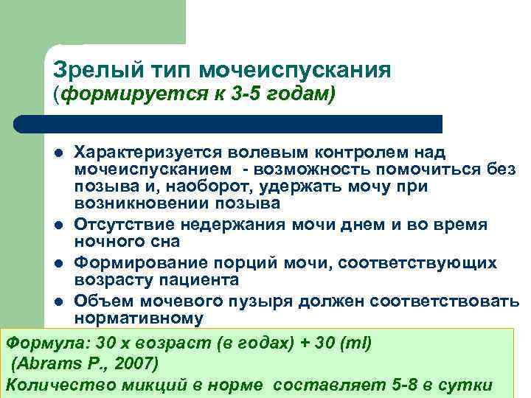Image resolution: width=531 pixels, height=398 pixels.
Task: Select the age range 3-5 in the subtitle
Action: coord(263,94)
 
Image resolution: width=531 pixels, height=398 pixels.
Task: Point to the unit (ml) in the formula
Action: coord(355,343)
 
